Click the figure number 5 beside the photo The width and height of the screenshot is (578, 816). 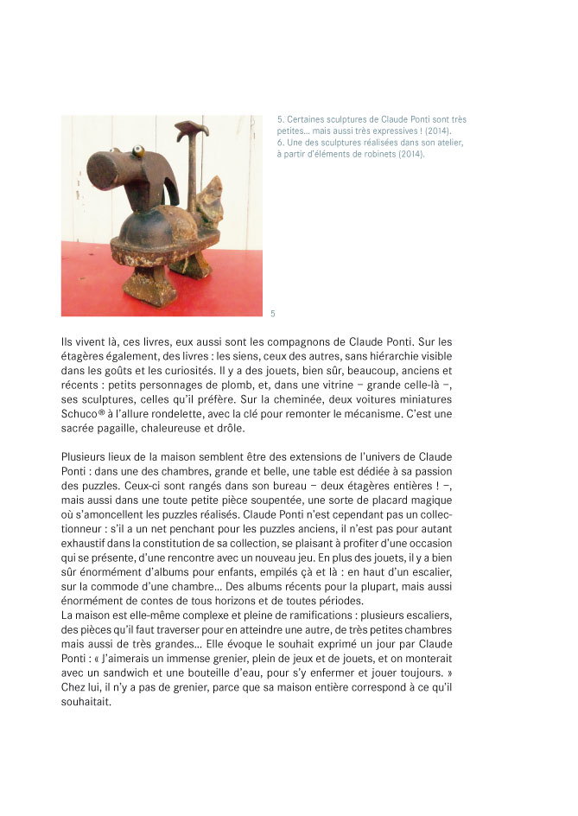273,313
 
